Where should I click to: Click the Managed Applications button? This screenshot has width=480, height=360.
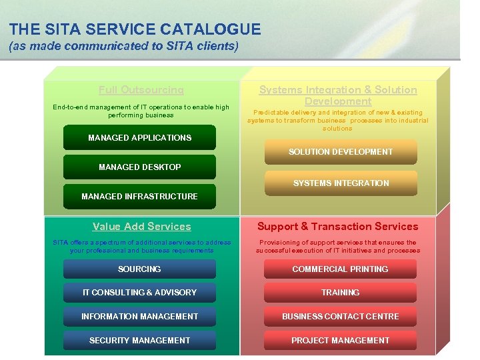[139, 138]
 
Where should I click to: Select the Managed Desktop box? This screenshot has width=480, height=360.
[139, 167]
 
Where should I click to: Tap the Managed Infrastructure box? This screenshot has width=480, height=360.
[139, 197]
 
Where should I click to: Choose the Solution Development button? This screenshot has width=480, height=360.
[341, 152]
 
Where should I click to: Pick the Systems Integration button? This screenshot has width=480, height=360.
[341, 183]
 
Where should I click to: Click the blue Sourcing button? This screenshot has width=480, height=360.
[139, 269]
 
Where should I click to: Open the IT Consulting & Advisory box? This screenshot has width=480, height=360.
[139, 293]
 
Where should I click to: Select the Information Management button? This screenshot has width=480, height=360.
[139, 317]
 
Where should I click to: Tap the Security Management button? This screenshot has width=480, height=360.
[139, 341]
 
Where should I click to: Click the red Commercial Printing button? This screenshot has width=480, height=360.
[340, 269]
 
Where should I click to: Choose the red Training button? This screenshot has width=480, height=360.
[340, 293]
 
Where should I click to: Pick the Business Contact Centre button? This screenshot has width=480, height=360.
[340, 317]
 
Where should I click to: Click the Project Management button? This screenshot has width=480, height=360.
[340, 341]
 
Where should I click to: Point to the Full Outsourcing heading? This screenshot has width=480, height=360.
[141, 90]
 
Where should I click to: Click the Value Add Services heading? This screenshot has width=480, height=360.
[141, 227]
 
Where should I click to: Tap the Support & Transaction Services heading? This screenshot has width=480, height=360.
[338, 227]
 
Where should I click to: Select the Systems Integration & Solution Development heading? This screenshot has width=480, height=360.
[338, 95]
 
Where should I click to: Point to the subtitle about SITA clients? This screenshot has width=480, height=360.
[123, 47]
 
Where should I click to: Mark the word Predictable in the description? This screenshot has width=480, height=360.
[272, 113]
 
